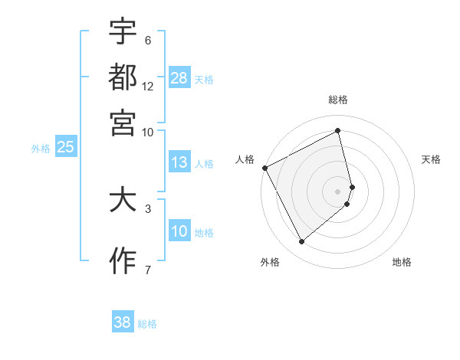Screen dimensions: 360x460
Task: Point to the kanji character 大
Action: coord(123,200)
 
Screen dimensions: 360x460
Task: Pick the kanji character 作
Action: coord(123,260)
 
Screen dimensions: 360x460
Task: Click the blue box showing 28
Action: coord(179,78)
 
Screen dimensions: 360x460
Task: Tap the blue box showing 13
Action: coord(179,162)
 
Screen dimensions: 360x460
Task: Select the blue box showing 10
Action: coord(179,232)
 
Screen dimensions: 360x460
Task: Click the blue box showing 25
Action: coord(65,148)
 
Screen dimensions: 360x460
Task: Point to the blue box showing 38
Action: coord(123,322)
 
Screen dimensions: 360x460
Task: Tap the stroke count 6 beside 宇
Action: coord(147,41)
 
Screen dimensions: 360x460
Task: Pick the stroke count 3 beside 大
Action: coord(147,208)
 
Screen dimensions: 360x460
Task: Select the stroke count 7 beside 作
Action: coord(147,269)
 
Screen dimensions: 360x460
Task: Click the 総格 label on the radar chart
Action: coord(338,100)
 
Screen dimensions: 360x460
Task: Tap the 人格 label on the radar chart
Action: coord(245,159)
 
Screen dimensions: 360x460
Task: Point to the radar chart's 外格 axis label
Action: coord(270,263)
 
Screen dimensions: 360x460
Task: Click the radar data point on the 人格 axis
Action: coord(264,168)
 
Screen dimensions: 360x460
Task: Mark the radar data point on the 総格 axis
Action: coord(338,131)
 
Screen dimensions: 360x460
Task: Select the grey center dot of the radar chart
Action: coord(338,191)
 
